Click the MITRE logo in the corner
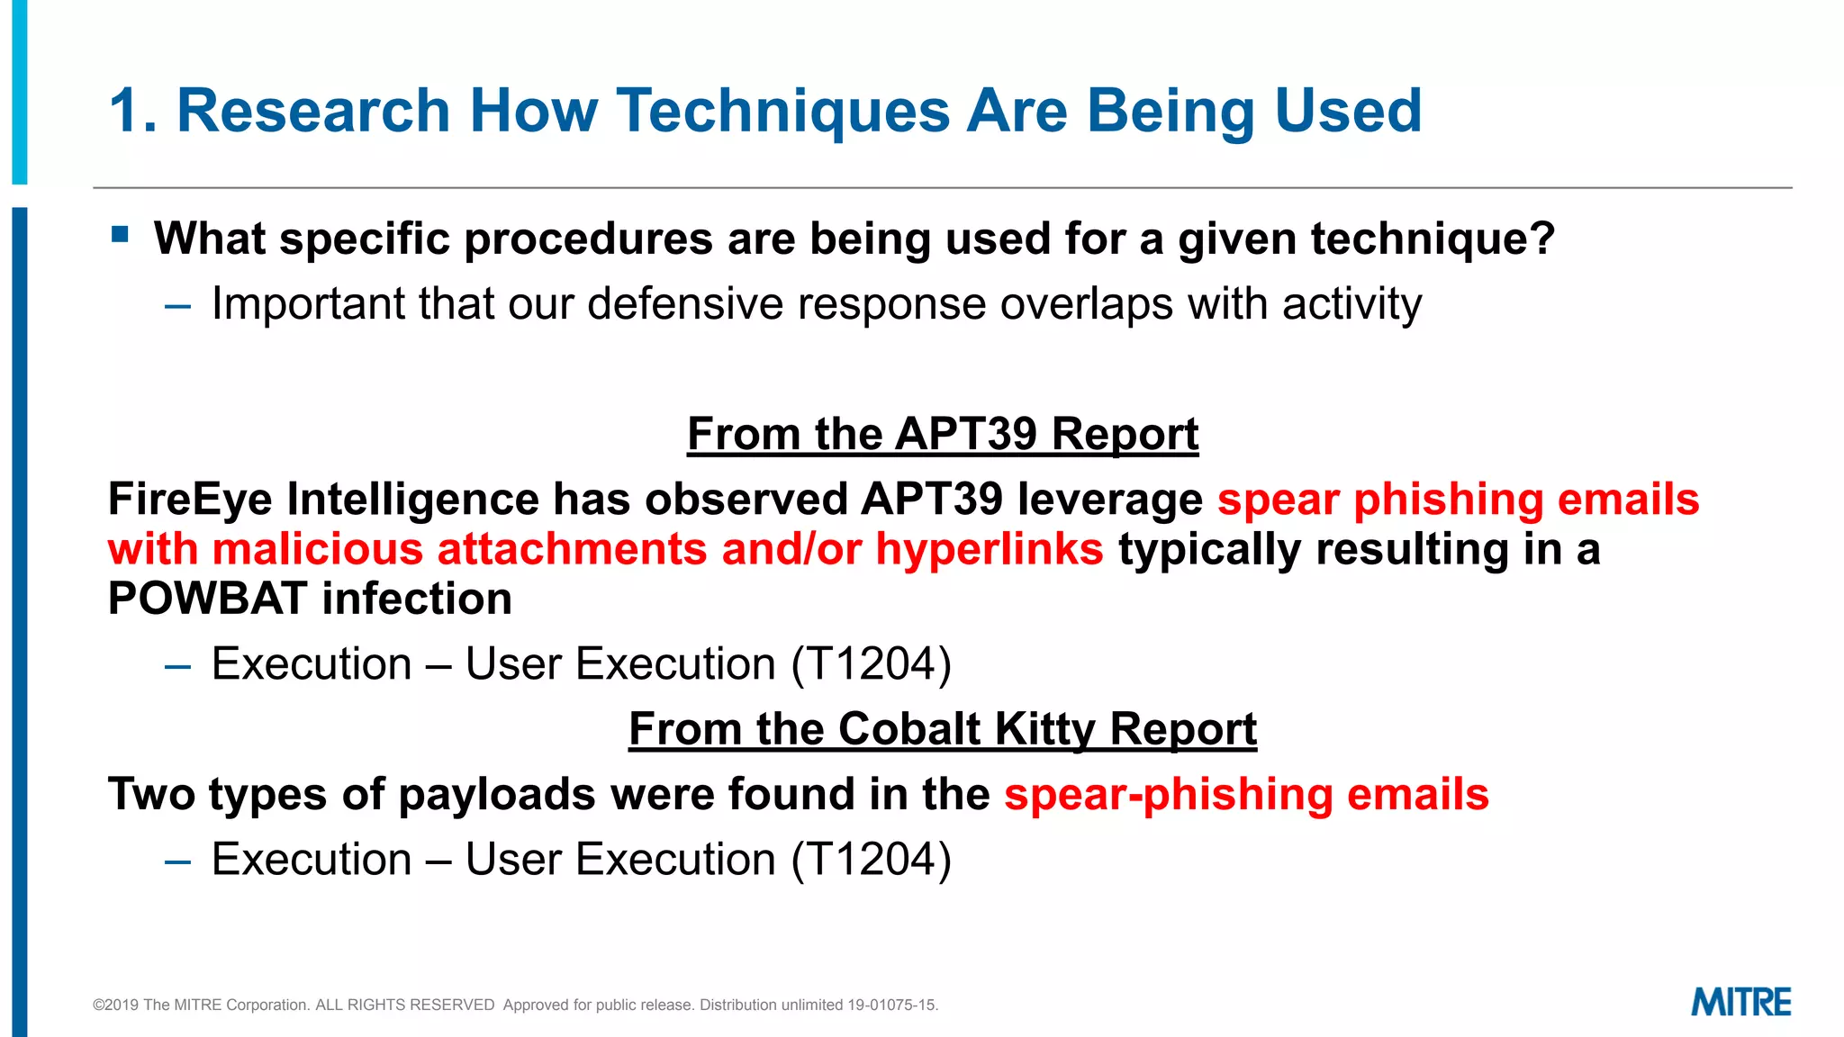(1740, 1002)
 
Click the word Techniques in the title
(782, 111)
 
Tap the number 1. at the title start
(133, 111)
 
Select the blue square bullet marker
(121, 235)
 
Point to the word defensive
(684, 303)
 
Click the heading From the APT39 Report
(942, 434)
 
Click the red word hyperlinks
(989, 549)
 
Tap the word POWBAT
(206, 599)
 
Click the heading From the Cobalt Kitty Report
(942, 728)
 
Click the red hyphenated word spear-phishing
(1168, 795)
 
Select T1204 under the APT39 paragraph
(871, 664)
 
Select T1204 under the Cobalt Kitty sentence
(871, 860)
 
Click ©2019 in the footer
(115, 1005)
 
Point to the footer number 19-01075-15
(891, 1005)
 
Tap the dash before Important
(177, 306)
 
